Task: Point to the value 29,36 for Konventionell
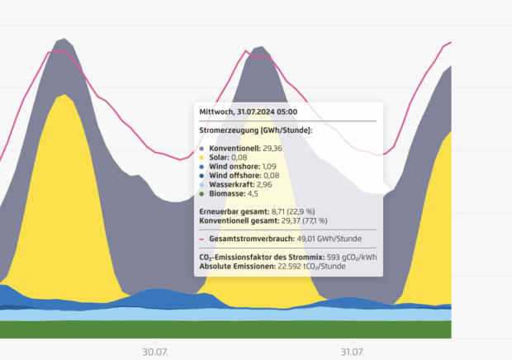click(273, 149)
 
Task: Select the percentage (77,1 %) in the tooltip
click(312, 221)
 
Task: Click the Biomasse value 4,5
click(254, 194)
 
